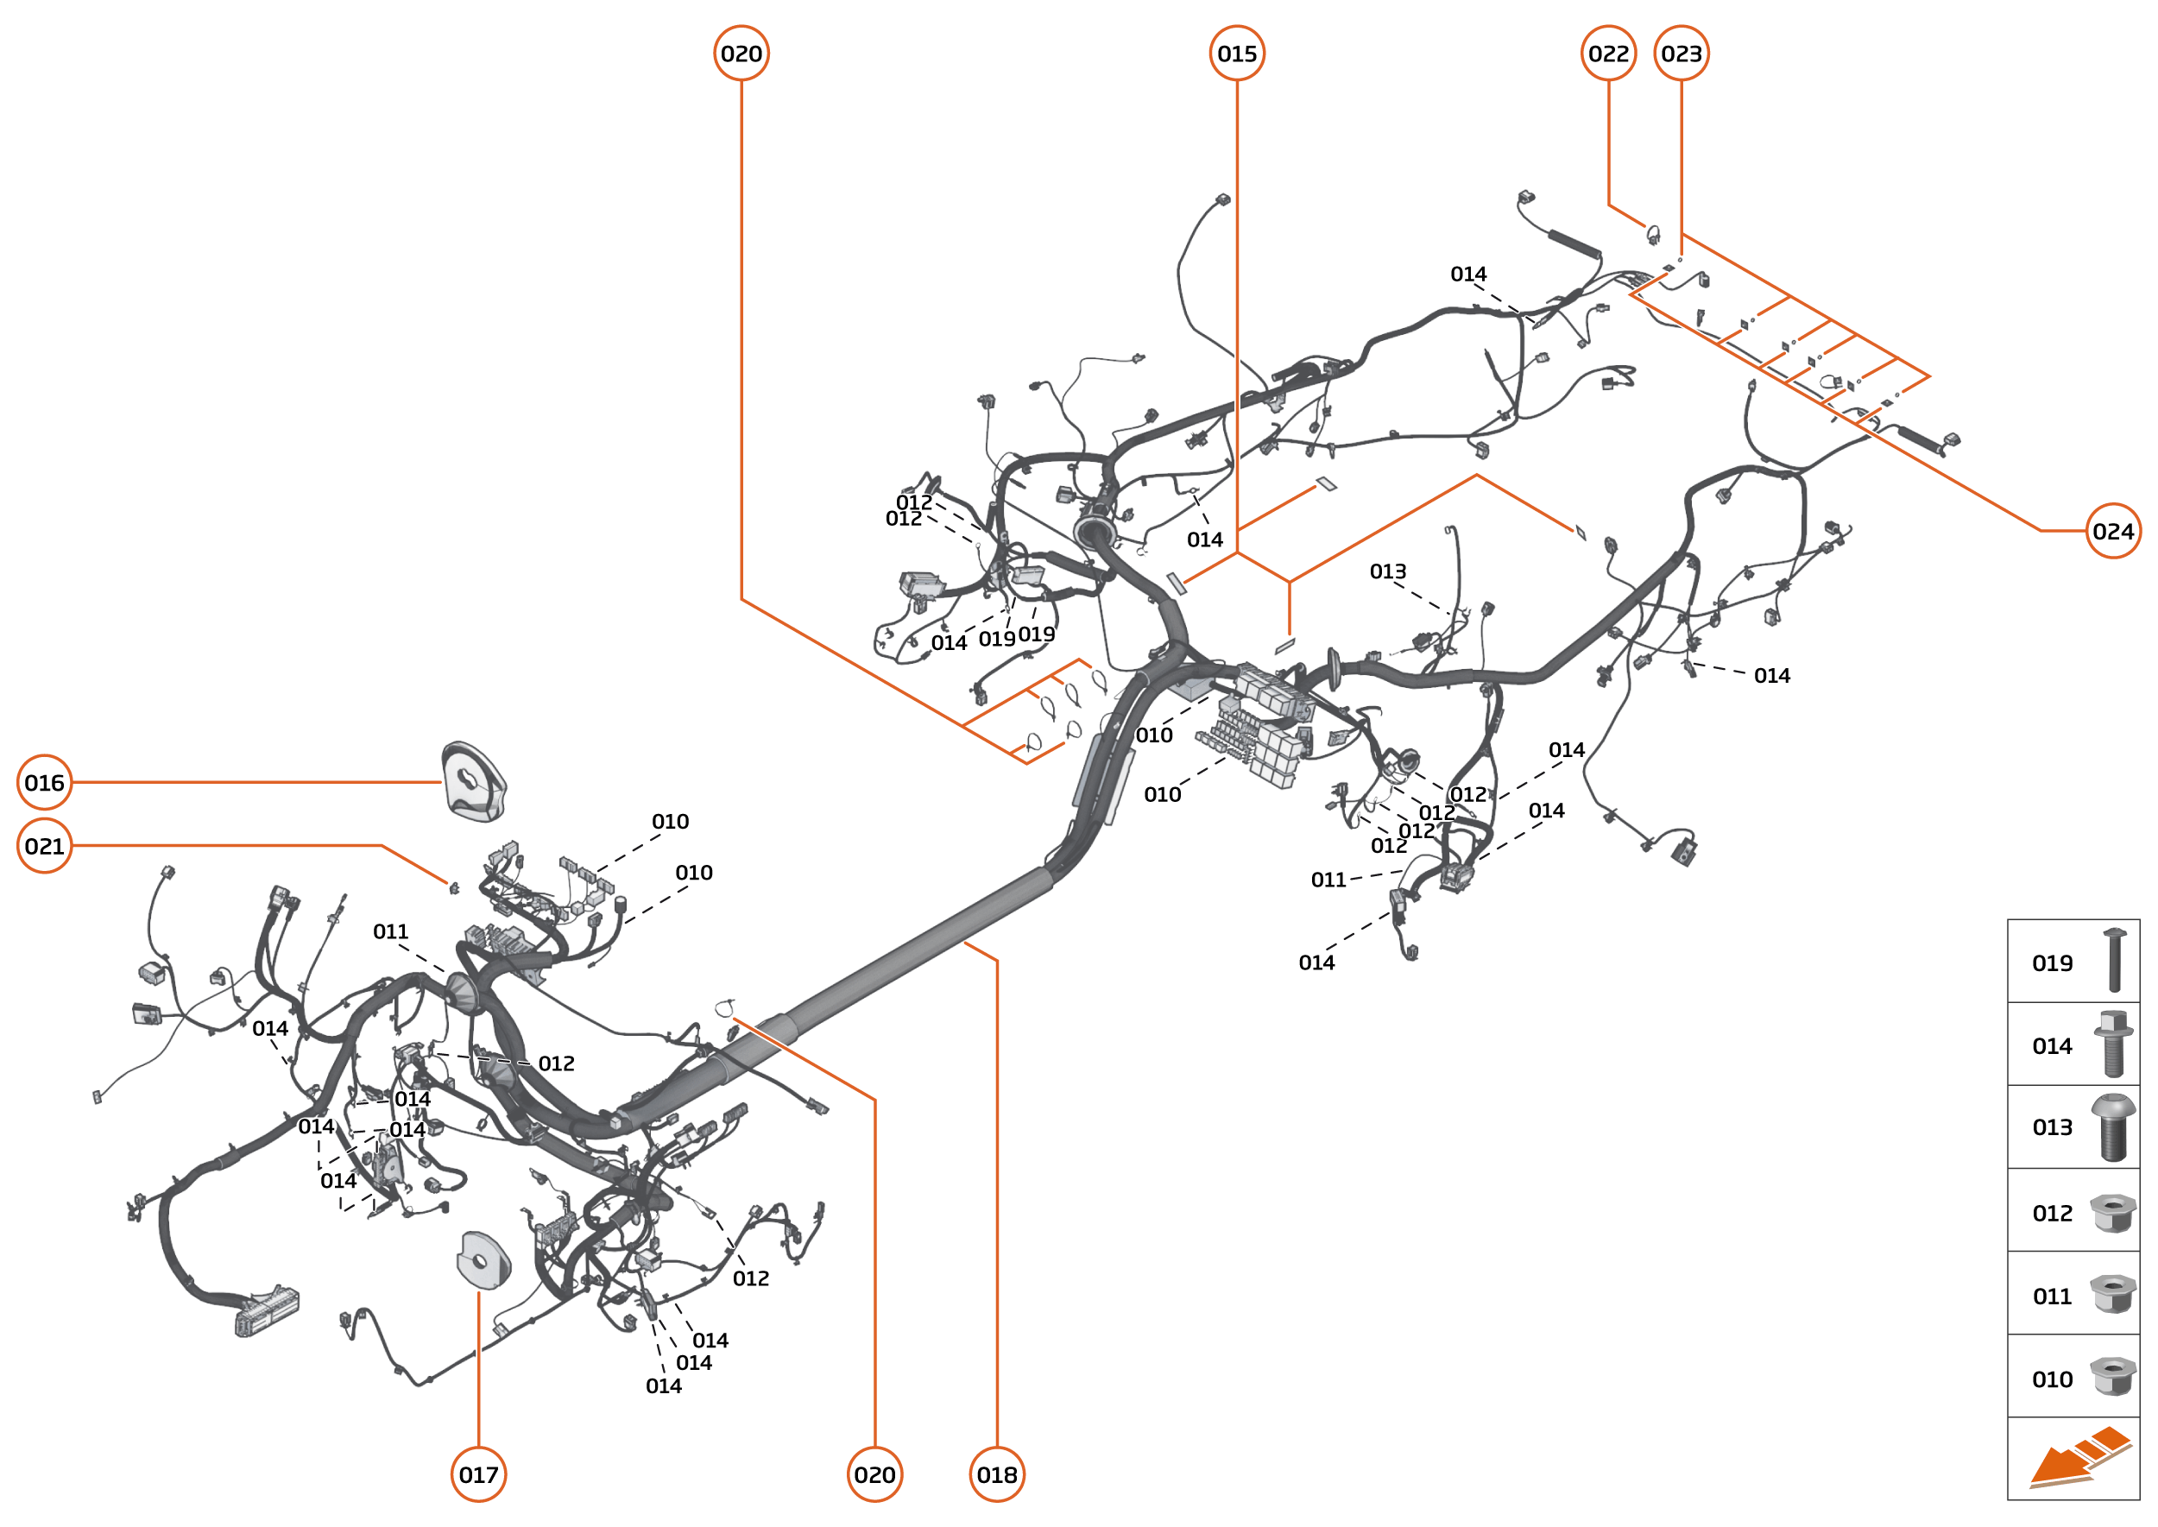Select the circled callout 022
[1608, 54]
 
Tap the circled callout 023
[1682, 54]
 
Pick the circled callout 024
[2113, 531]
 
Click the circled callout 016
[44, 782]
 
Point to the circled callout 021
[44, 846]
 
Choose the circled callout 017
[478, 1474]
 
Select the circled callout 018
[997, 1474]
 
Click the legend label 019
[2052, 962]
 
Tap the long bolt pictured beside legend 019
[2114, 959]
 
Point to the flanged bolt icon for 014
[2112, 1044]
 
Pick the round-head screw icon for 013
[2113, 1127]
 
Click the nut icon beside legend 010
[2112, 1377]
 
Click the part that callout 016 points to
[474, 781]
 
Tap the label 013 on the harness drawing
[1388, 571]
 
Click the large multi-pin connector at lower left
[267, 1309]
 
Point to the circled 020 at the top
[741, 54]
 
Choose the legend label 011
[2052, 1297]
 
